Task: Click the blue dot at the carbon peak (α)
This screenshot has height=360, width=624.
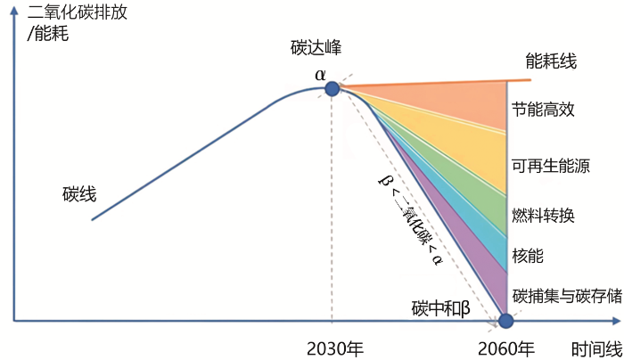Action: [333, 89]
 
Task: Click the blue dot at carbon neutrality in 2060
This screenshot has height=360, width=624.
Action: [505, 321]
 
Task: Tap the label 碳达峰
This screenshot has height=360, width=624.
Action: [316, 48]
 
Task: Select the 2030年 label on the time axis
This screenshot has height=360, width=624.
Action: [335, 349]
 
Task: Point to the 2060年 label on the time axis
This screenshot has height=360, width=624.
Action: [505, 349]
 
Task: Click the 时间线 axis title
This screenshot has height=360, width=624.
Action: [596, 349]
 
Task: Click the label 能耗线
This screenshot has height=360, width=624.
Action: [551, 61]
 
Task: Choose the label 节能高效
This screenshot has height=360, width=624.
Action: [543, 109]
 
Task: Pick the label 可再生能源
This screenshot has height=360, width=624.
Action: [551, 166]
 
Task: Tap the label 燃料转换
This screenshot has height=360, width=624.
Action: [543, 216]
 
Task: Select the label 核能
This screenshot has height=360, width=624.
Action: [528, 256]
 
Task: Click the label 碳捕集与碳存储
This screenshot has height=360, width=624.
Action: [567, 296]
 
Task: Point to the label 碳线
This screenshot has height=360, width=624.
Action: [79, 194]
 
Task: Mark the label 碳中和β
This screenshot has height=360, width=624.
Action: [441, 308]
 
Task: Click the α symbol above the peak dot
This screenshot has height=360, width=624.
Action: [320, 74]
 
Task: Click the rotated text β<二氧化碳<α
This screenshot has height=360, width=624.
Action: [410, 220]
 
